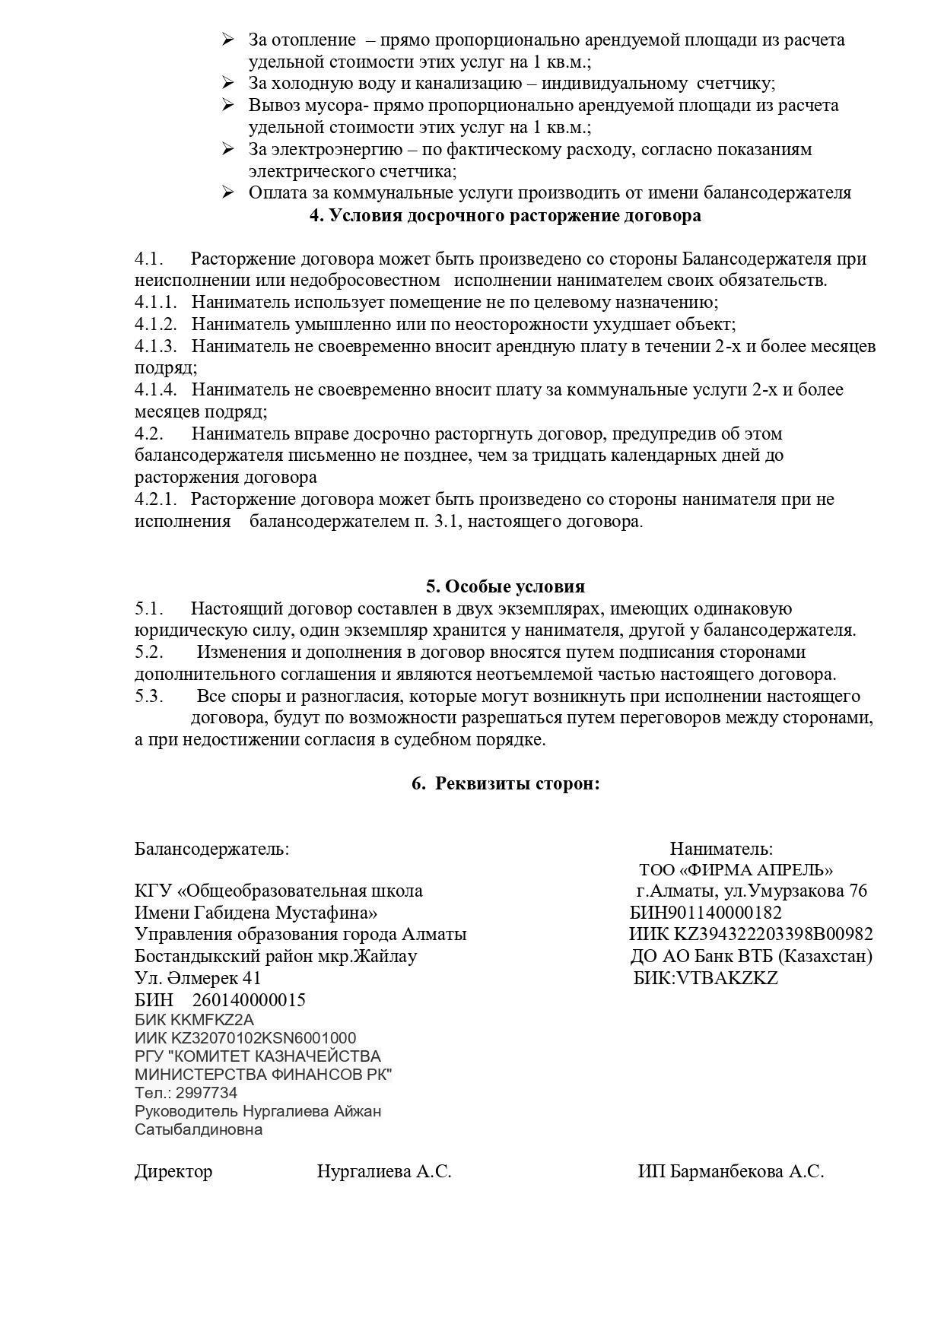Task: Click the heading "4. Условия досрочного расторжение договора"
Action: pos(505,216)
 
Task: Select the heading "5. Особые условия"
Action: pos(505,586)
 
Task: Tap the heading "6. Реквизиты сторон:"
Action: pos(506,783)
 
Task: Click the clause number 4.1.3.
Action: pos(156,347)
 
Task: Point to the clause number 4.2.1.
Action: pos(156,500)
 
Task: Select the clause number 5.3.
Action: pos(149,697)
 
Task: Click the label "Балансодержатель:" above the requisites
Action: pos(211,849)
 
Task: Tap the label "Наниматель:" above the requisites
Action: pos(721,849)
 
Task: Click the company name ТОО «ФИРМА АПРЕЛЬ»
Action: pos(736,870)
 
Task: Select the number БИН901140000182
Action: pos(706,913)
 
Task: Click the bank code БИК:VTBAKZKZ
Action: pos(706,978)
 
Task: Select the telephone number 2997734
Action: pos(206,1093)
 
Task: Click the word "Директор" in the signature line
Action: pos(173,1172)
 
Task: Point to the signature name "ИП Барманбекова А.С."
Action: pos(731,1172)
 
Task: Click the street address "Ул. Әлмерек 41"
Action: pos(198,978)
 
